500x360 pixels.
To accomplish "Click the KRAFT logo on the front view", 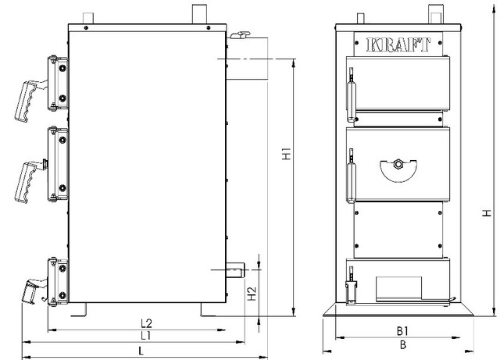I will click(397, 45).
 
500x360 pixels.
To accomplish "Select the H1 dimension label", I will click(287, 155).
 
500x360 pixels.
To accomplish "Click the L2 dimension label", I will click(145, 322).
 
